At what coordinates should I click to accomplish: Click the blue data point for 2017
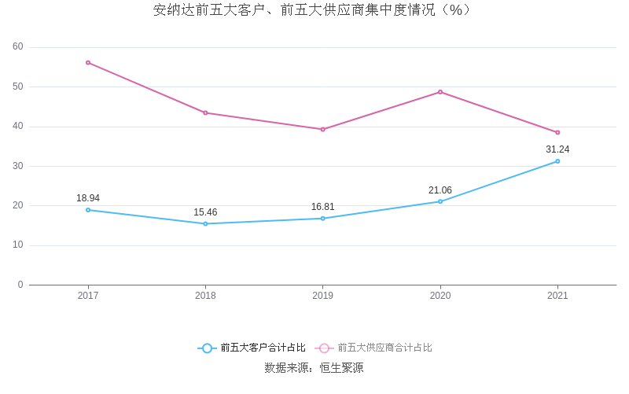click(x=88, y=210)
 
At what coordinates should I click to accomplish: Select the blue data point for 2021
click(x=557, y=161)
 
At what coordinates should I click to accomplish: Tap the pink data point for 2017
click(x=88, y=62)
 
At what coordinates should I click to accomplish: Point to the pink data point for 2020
click(x=440, y=92)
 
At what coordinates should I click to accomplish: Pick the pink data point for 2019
click(x=322, y=129)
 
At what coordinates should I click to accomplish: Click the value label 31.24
click(x=557, y=149)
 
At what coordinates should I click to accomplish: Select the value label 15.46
click(x=205, y=212)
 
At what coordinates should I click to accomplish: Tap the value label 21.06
click(x=440, y=190)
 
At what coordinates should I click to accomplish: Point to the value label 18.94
click(x=88, y=198)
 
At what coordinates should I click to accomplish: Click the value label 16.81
click(x=322, y=207)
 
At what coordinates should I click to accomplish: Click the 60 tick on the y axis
click(x=18, y=47)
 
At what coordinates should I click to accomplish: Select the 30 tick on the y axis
click(x=18, y=166)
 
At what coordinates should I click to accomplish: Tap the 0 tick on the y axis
click(x=20, y=285)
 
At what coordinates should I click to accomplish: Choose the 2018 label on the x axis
click(x=205, y=296)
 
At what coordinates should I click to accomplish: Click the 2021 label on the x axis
click(x=557, y=296)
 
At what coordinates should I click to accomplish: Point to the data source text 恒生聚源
click(x=341, y=368)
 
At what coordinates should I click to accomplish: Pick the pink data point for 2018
click(x=205, y=112)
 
